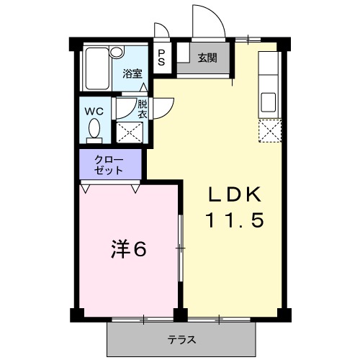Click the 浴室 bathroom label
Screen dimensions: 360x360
132,73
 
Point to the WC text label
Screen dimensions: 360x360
94,112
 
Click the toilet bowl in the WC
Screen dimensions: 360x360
94,130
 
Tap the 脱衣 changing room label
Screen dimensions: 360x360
143,109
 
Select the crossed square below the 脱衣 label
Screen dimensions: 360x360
130,132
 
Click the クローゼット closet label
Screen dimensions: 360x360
109,164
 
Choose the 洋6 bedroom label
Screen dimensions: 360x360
129,249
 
